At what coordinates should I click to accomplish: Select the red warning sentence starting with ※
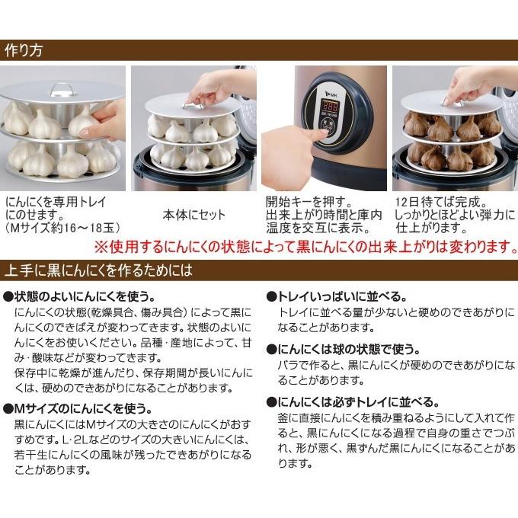(305, 248)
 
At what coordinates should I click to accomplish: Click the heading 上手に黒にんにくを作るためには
(99, 270)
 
